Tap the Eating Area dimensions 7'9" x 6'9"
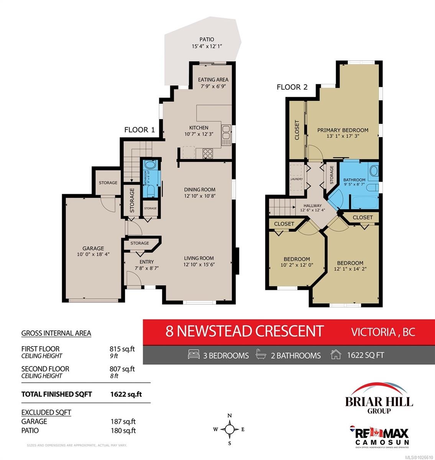(x=213, y=86)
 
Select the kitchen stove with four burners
(x=208, y=153)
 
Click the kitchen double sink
(x=226, y=132)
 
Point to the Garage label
(x=93, y=248)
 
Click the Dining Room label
(x=199, y=189)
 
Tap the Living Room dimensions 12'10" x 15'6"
(x=199, y=264)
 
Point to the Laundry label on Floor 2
(x=297, y=179)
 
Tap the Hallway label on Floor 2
(x=312, y=205)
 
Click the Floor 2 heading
(x=292, y=87)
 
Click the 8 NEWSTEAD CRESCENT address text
(x=245, y=330)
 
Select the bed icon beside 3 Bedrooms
(x=194, y=355)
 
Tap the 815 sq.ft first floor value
(x=122, y=349)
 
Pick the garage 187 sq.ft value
(x=122, y=421)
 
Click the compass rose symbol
(x=229, y=429)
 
